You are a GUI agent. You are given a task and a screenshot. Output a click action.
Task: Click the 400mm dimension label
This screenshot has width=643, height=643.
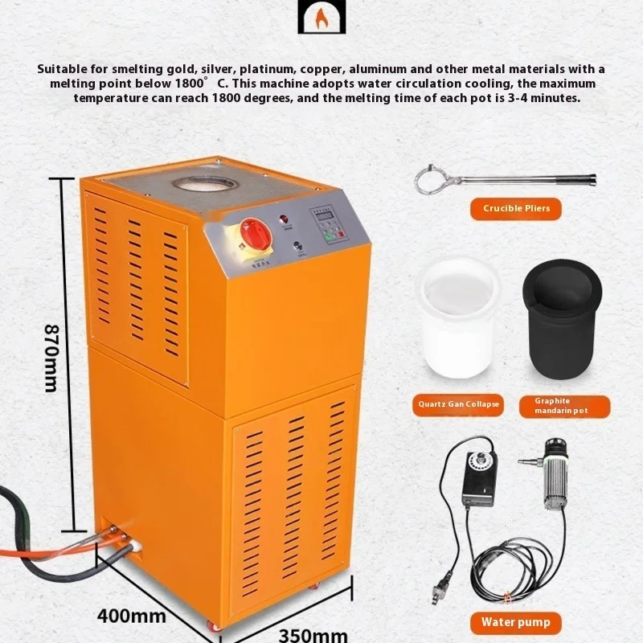[x=133, y=616]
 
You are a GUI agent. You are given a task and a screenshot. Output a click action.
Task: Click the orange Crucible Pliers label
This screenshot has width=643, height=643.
[x=516, y=209]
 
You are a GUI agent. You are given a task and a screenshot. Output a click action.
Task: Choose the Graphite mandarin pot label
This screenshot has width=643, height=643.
[x=563, y=406]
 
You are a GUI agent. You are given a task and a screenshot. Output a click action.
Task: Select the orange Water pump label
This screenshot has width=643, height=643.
[x=516, y=621]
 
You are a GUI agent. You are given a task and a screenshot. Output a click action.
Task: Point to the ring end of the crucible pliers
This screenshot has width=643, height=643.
[x=431, y=179]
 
